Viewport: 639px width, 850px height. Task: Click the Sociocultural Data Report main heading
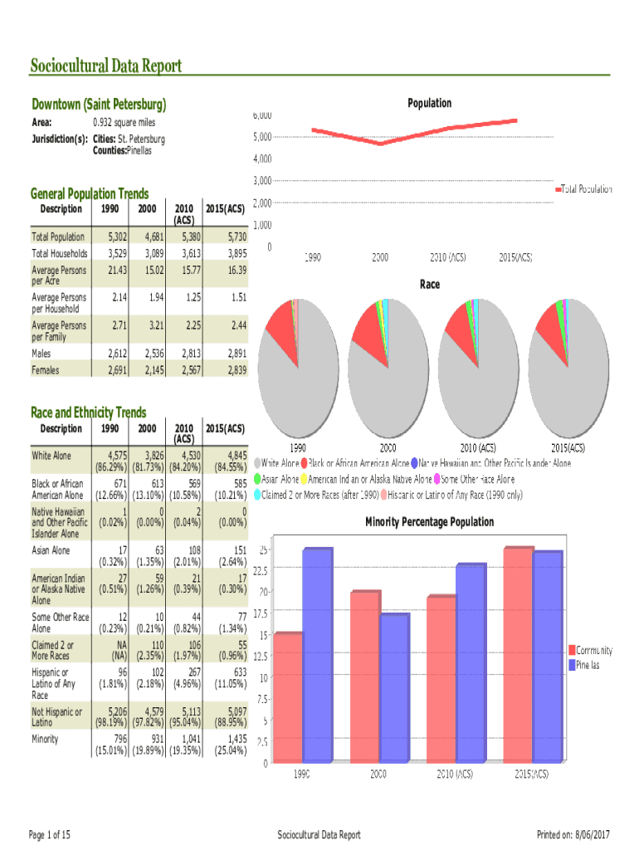pyautogui.click(x=106, y=66)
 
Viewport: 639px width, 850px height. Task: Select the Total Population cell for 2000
pyautogui.click(x=148, y=237)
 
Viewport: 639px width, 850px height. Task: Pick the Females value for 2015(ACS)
pyautogui.click(x=234, y=370)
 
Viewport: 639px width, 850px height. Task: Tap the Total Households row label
pyautogui.click(x=59, y=253)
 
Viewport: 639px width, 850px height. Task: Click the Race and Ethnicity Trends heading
pyautogui.click(x=88, y=413)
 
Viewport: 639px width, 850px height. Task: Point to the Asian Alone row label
pyautogui.click(x=51, y=550)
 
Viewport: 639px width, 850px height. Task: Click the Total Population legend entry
pyautogui.click(x=586, y=189)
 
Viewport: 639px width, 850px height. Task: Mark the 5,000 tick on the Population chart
pyautogui.click(x=262, y=137)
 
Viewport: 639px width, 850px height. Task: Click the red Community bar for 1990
pyautogui.click(x=288, y=696)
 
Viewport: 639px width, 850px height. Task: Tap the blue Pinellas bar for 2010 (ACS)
pyautogui.click(x=470, y=662)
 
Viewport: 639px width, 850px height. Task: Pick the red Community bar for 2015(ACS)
pyautogui.click(x=519, y=653)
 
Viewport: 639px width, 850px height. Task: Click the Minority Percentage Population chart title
pyautogui.click(x=429, y=522)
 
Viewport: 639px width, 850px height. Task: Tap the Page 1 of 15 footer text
pyautogui.click(x=50, y=834)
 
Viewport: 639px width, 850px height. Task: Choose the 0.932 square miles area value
pyautogui.click(x=124, y=123)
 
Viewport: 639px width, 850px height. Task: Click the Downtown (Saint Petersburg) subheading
pyautogui.click(x=99, y=105)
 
